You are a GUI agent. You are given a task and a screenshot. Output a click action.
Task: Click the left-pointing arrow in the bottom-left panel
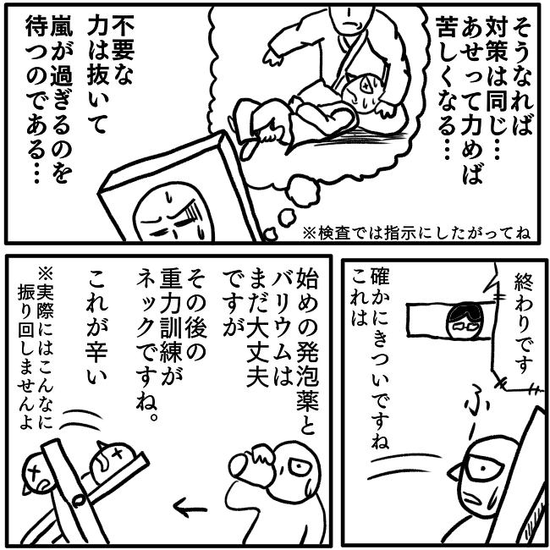tap(189, 509)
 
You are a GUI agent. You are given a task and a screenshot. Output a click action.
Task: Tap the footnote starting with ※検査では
tap(415, 233)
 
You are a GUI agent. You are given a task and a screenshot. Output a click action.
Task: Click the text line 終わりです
tap(523, 323)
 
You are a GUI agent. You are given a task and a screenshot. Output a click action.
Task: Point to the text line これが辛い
tap(96, 329)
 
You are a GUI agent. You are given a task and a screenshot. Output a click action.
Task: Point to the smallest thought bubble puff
tap(271, 234)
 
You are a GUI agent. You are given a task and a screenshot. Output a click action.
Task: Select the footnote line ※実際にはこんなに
tap(45, 347)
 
